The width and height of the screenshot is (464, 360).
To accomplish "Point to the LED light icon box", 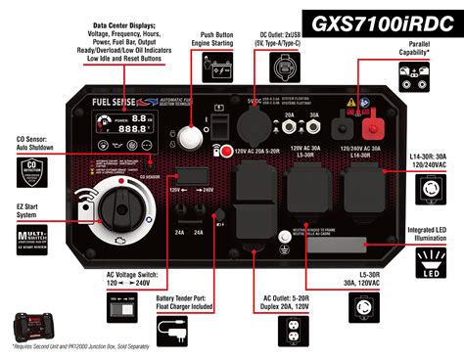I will [x=430, y=264].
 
